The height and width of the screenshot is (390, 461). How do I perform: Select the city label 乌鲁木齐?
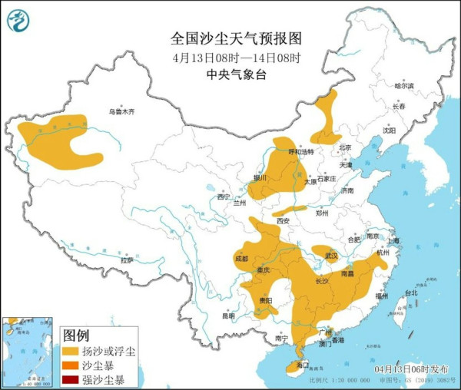121,112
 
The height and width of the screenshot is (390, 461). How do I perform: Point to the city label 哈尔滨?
403,86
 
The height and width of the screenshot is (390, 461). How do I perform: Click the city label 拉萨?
126,260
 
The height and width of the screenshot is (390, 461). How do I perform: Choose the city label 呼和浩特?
300,152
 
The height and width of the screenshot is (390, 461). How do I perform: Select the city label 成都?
242,258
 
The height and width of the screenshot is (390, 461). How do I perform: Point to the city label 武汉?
331,255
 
